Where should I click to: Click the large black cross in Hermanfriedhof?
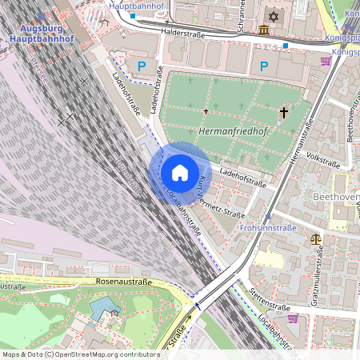[283, 113]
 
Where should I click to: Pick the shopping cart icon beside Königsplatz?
[326, 61]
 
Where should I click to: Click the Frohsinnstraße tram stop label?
[268, 227]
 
